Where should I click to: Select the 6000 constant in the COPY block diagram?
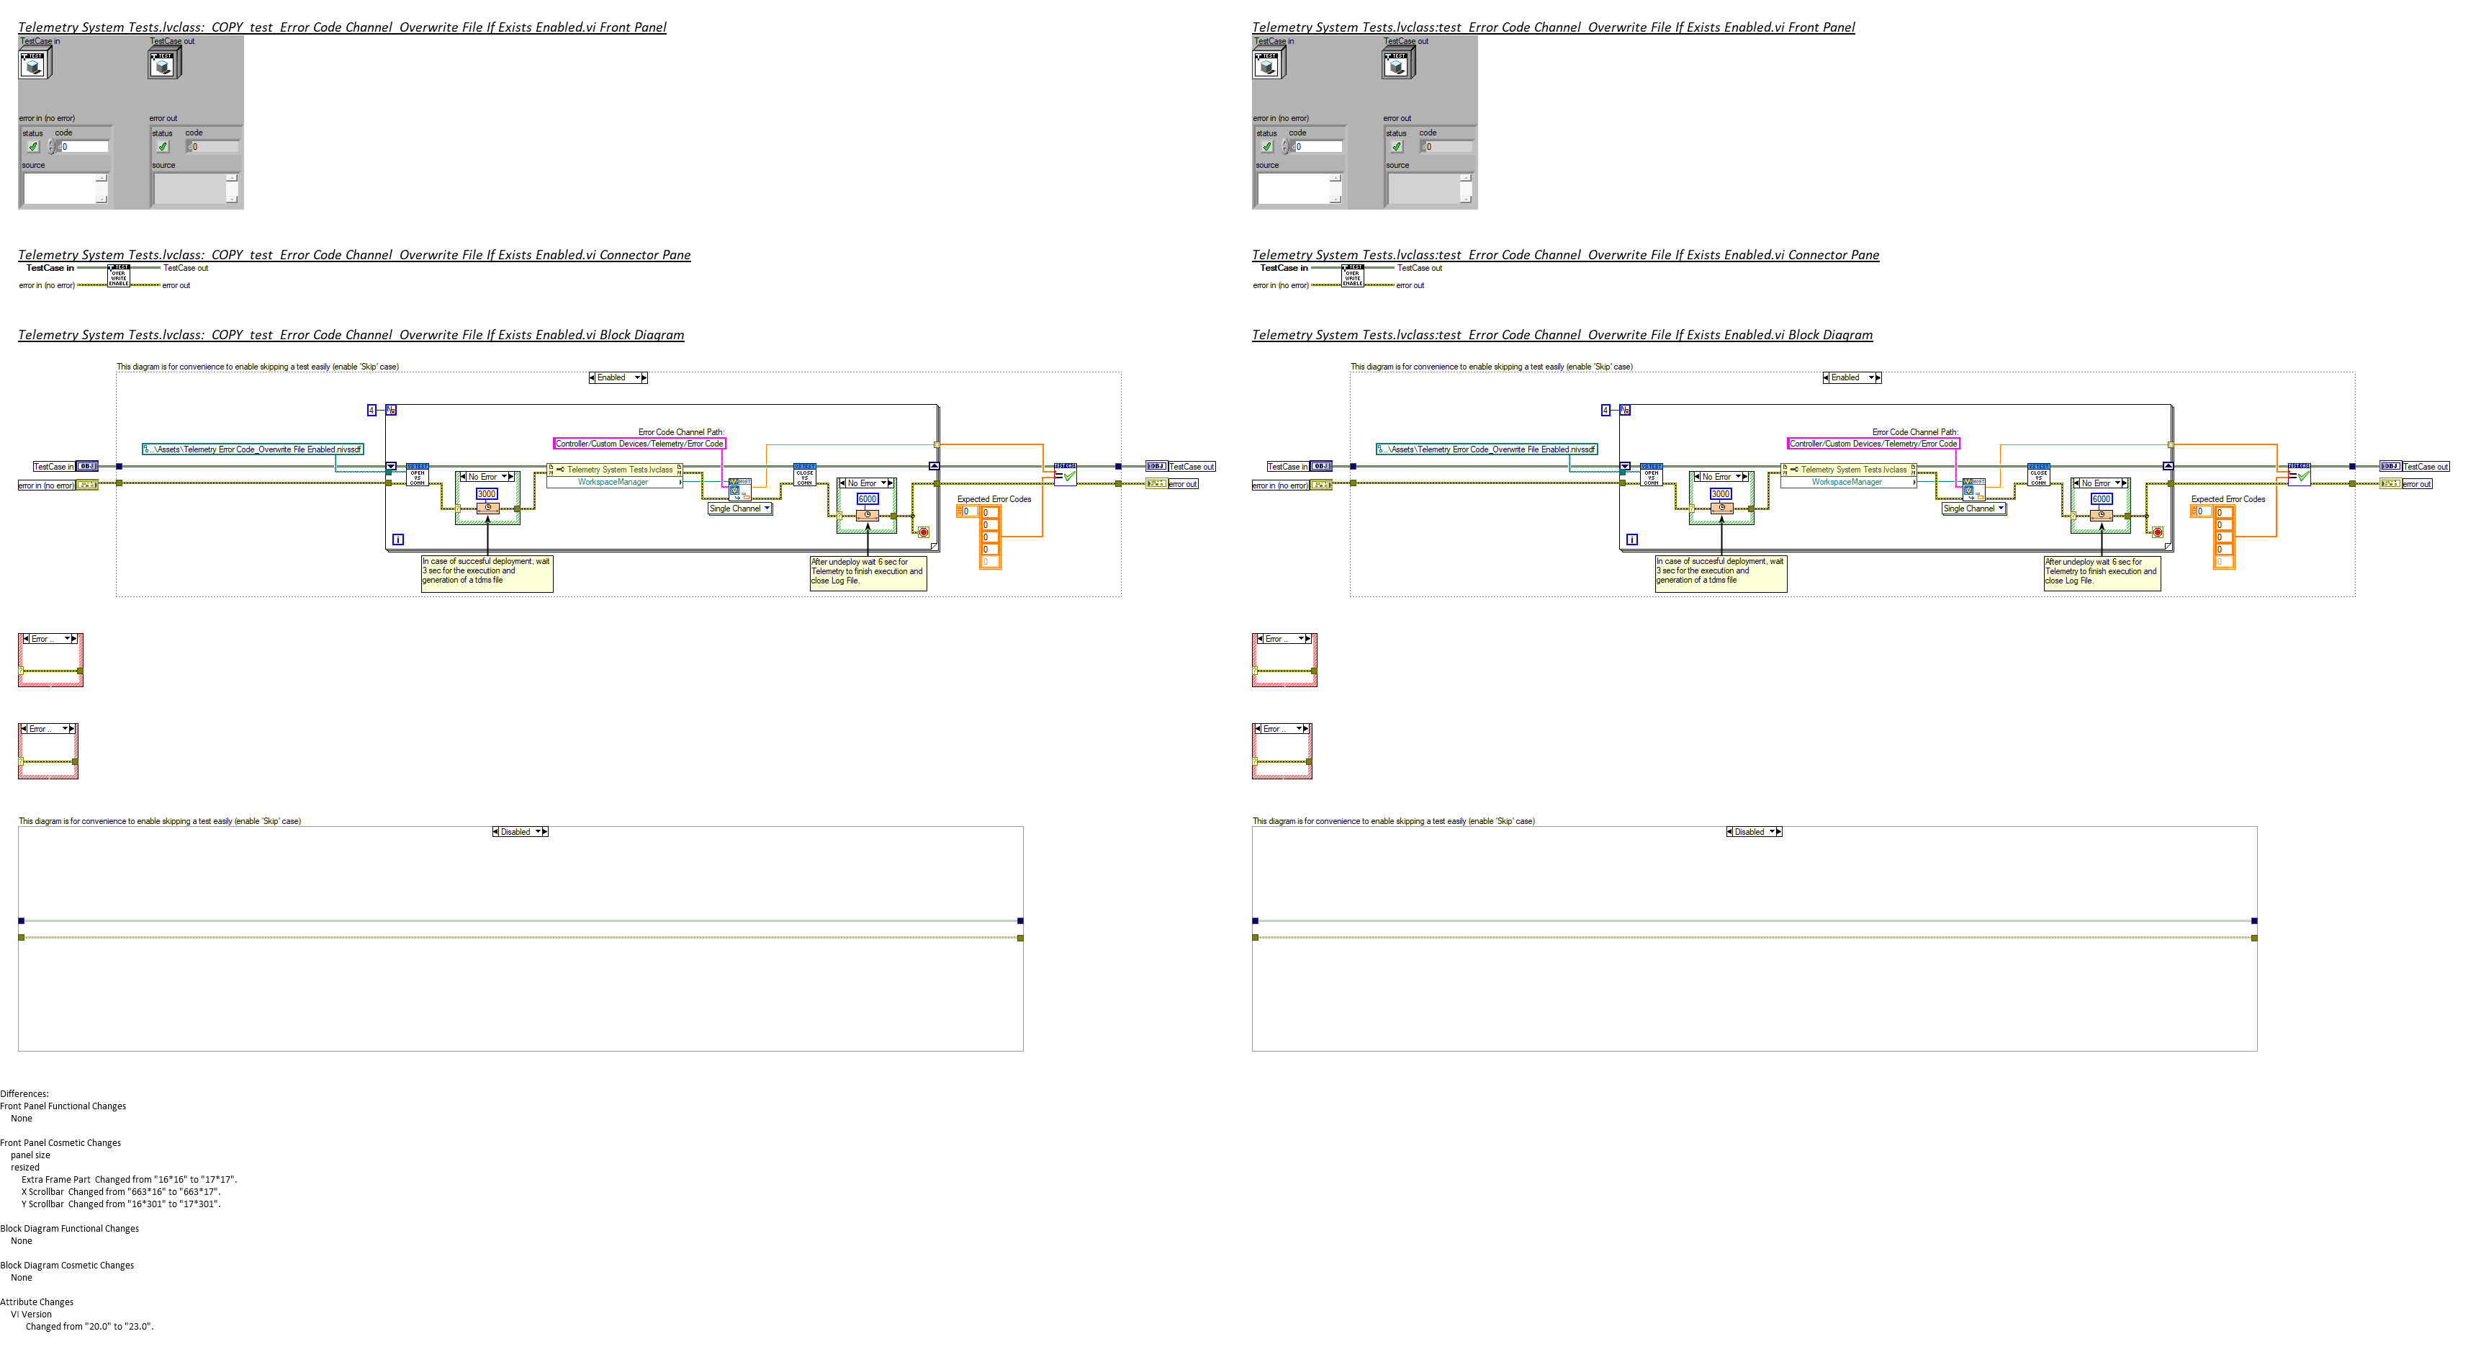(x=867, y=499)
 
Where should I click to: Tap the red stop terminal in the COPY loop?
(x=924, y=532)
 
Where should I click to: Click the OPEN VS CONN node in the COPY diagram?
(x=418, y=475)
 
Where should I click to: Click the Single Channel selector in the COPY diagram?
(x=739, y=509)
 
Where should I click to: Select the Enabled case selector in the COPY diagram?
(x=617, y=377)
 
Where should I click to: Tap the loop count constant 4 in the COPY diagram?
(x=371, y=410)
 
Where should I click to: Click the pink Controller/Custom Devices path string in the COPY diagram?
(x=639, y=444)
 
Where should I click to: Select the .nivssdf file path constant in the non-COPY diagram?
(x=1486, y=449)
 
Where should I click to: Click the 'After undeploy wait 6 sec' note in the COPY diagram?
(x=867, y=572)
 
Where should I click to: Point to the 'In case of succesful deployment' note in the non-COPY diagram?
(x=1720, y=571)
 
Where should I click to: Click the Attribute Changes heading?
(x=37, y=1302)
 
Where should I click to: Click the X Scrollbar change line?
(x=121, y=1192)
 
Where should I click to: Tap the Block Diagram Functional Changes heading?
(x=70, y=1229)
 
